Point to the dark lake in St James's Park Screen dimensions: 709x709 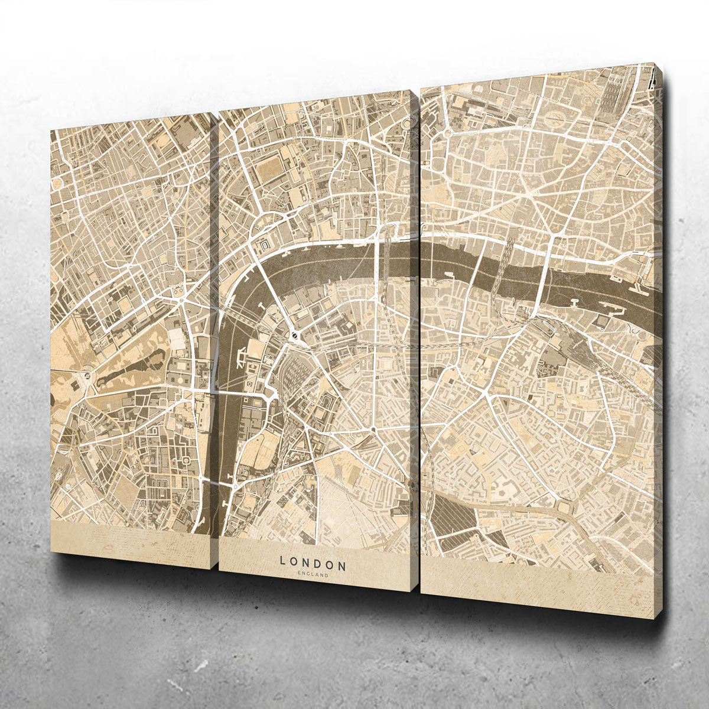tap(132, 362)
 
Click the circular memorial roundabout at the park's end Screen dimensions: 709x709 tap(87, 375)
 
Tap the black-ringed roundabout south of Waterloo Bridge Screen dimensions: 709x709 tap(294, 336)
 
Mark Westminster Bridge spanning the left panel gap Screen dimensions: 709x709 tap(216, 392)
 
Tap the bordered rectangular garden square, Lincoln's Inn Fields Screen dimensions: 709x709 tap(269, 170)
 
